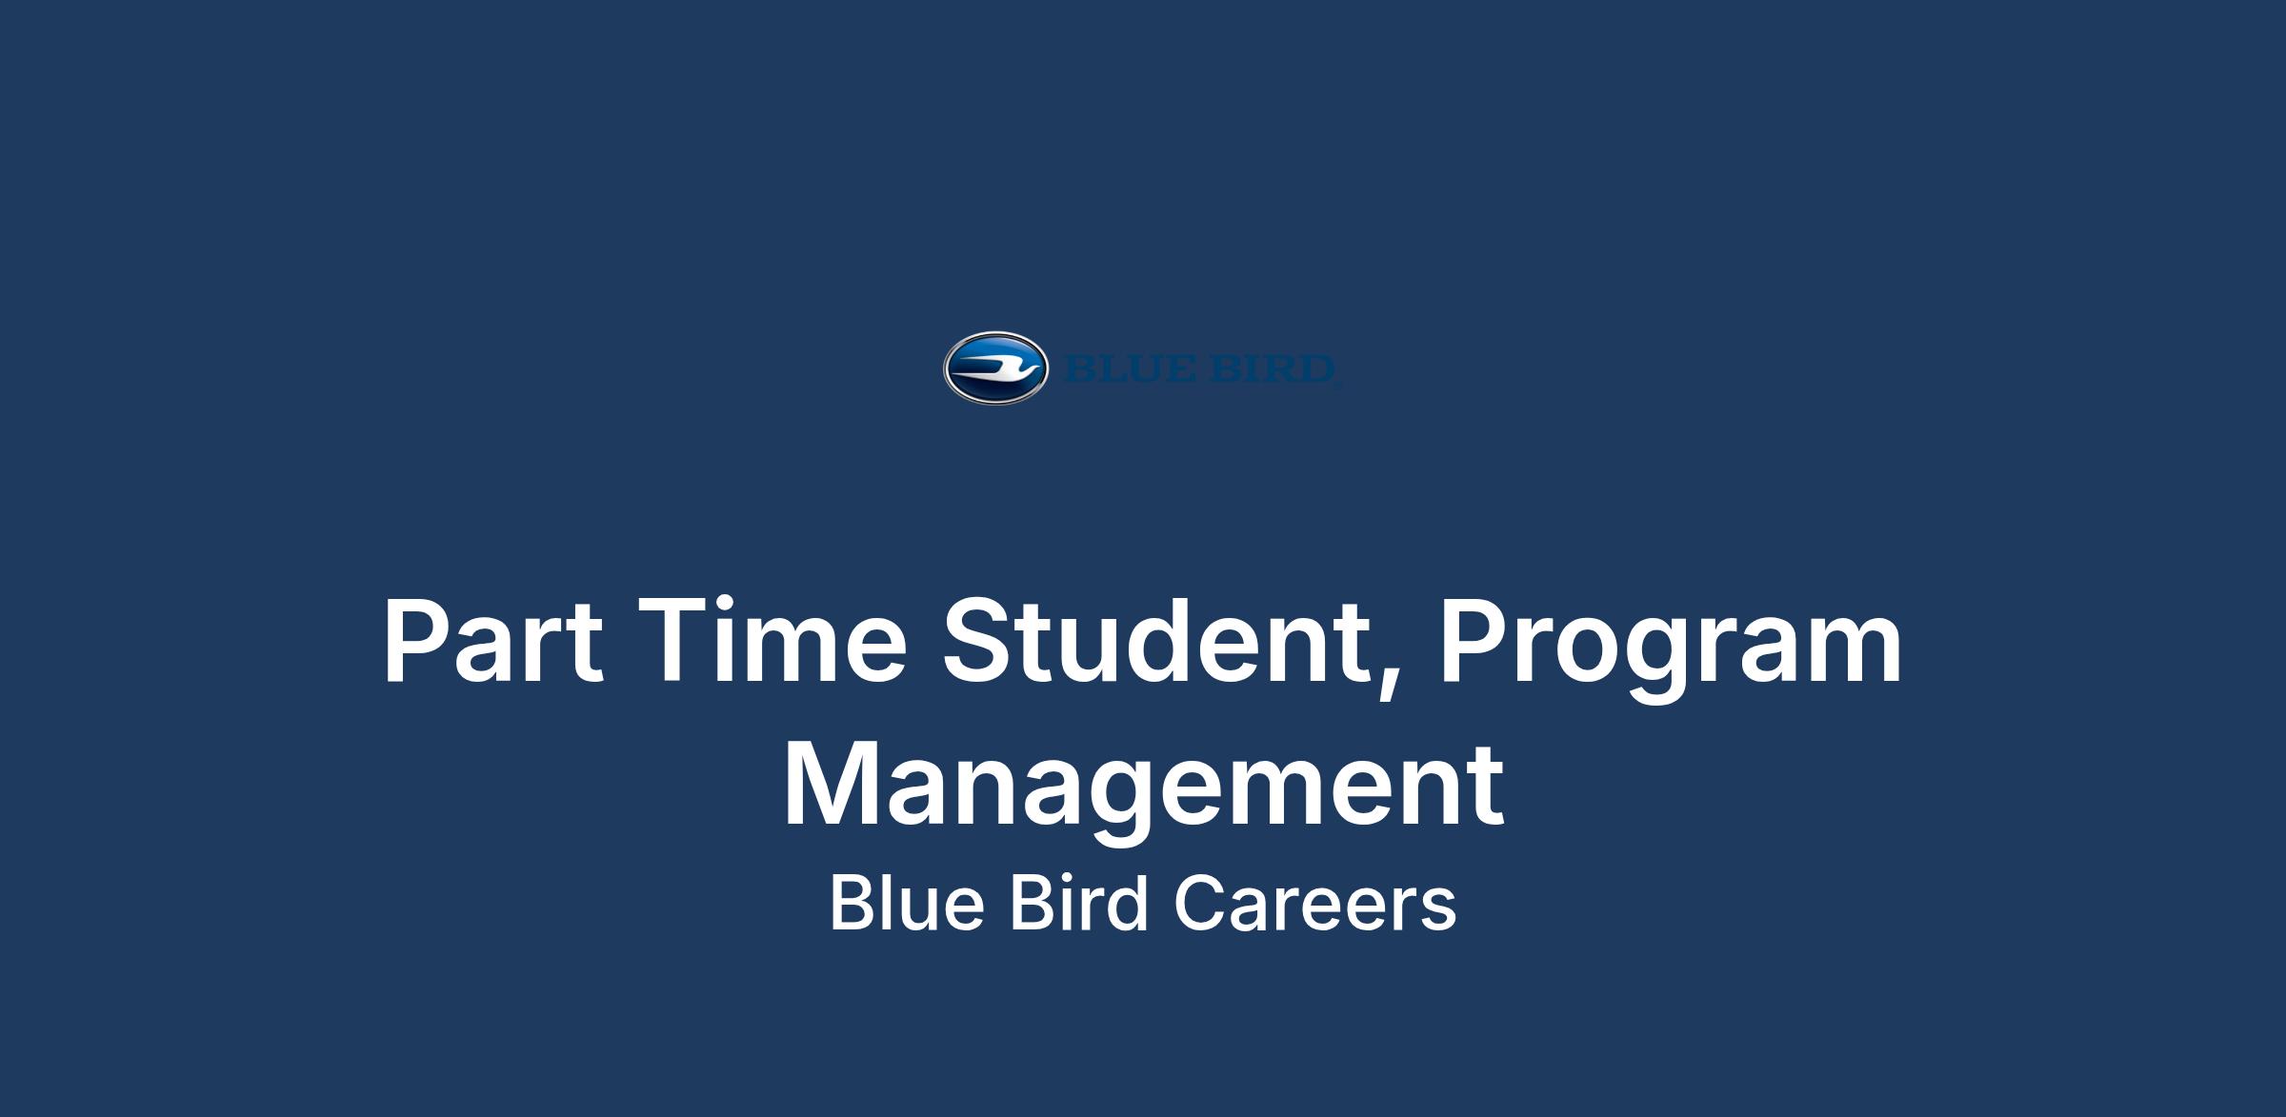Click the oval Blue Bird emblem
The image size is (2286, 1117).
click(x=995, y=369)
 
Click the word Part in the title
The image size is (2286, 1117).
click(x=493, y=640)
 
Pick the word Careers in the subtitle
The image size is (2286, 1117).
click(x=1314, y=904)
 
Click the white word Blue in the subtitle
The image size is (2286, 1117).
click(x=906, y=903)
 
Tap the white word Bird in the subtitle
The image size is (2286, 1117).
click(x=1077, y=903)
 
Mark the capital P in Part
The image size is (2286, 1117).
click(x=418, y=640)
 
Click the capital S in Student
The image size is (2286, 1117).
click(x=980, y=640)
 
